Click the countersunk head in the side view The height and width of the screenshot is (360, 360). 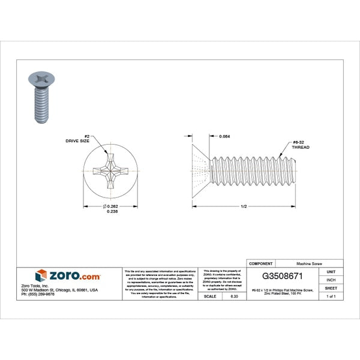coord(201,168)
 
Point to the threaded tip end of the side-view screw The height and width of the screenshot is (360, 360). coord(295,168)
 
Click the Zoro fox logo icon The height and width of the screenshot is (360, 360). coord(41,275)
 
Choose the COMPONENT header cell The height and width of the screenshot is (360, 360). coord(261,263)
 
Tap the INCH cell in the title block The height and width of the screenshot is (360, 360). coord(331,280)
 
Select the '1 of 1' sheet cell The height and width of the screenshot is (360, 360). coord(331,296)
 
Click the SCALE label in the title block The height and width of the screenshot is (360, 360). coord(210,296)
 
